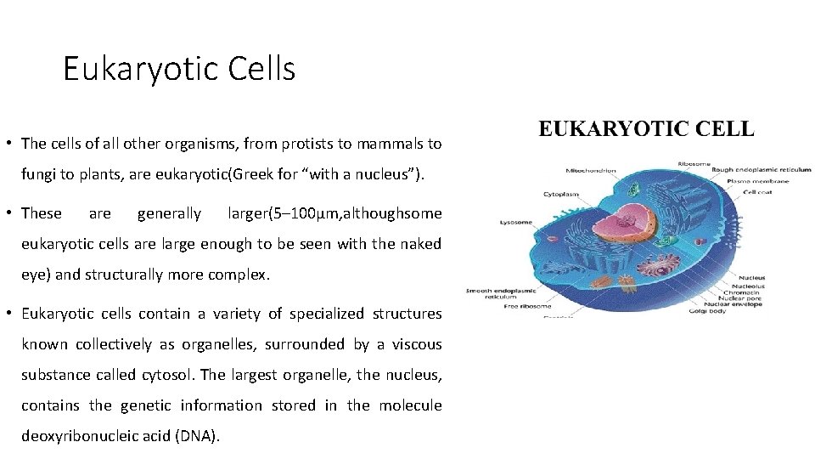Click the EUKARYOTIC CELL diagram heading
646,129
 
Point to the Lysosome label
515,223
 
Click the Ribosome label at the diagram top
694,163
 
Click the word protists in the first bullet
274,145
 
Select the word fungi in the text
37,176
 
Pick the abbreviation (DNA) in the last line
197,436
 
